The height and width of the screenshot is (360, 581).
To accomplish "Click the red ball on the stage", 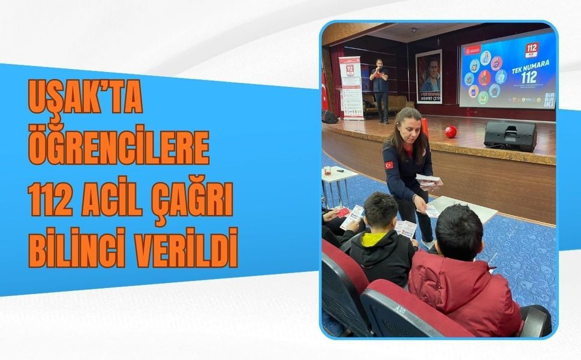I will tap(450, 131).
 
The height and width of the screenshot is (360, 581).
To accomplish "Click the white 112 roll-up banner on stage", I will tap(351, 88).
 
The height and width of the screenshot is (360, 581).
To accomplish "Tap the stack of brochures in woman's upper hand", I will tap(429, 180).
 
